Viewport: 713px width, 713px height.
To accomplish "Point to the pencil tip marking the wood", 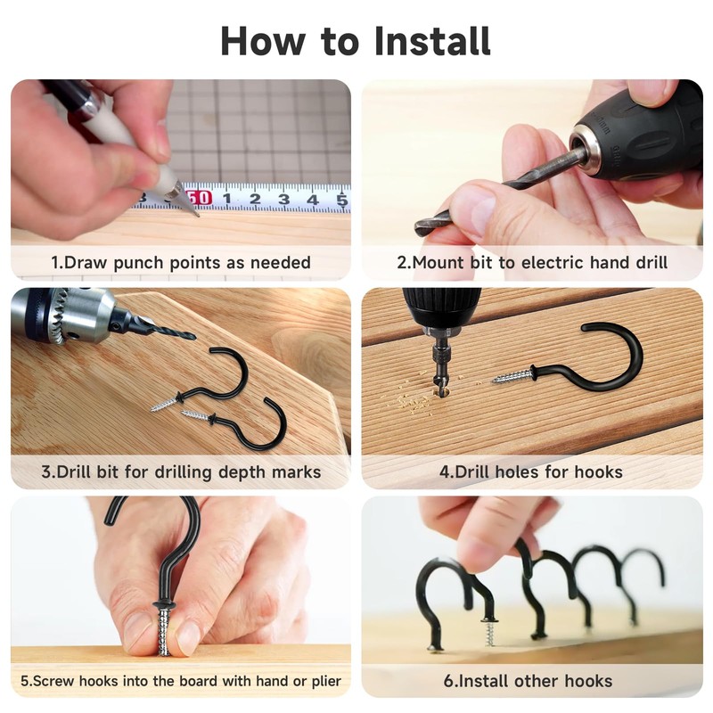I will pos(193,210).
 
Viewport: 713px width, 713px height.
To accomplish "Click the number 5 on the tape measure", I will pos(341,199).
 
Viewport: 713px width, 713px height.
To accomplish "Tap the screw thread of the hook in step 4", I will pos(512,377).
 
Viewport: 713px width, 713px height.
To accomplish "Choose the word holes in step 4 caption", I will pos(523,471).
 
